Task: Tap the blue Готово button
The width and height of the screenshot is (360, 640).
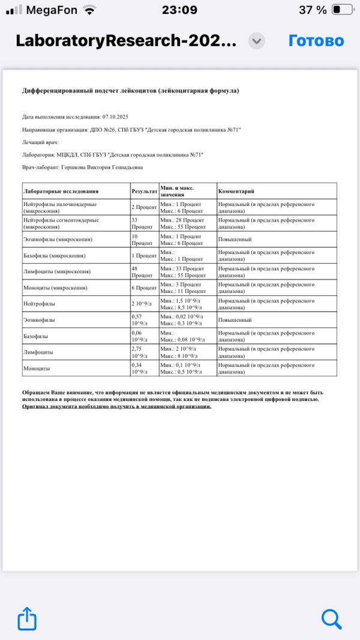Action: pyautogui.click(x=316, y=41)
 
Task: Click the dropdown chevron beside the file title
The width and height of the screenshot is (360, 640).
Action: pyautogui.click(x=257, y=41)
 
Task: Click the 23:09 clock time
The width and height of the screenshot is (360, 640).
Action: pyautogui.click(x=179, y=10)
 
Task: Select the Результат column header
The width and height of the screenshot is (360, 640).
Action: pyautogui.click(x=144, y=192)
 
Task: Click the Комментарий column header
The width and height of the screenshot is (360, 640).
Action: pyautogui.click(x=236, y=192)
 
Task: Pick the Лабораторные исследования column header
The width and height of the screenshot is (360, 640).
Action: pyautogui.click(x=60, y=192)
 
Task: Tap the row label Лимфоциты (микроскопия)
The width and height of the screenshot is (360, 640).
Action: pyautogui.click(x=56, y=272)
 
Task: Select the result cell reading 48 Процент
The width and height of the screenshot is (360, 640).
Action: pyautogui.click(x=143, y=272)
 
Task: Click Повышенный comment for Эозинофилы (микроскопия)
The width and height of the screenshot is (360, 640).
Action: pyautogui.click(x=235, y=240)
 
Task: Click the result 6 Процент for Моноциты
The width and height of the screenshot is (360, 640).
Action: pyautogui.click(x=144, y=288)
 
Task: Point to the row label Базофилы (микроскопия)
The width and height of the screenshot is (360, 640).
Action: pyautogui.click(x=54, y=256)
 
